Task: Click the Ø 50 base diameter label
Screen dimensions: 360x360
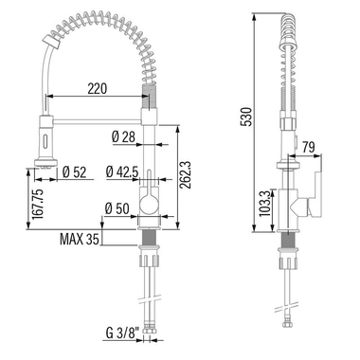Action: pyautogui.click(x=119, y=207)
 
